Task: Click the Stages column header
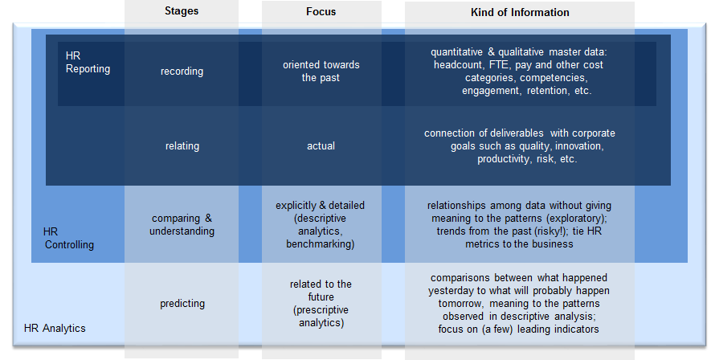click(x=182, y=11)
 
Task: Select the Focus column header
click(x=321, y=12)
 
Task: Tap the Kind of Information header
click(x=520, y=12)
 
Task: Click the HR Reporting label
click(x=88, y=62)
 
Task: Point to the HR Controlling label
click(x=69, y=238)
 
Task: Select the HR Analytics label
click(x=55, y=328)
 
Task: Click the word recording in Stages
click(x=182, y=72)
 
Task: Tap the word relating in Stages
click(x=182, y=146)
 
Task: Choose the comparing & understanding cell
click(x=182, y=224)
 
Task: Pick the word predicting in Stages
click(x=182, y=303)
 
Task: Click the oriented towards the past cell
click(x=321, y=72)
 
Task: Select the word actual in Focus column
click(x=321, y=146)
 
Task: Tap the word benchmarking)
click(x=320, y=244)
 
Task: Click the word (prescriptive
click(x=321, y=310)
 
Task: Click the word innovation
click(x=579, y=146)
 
